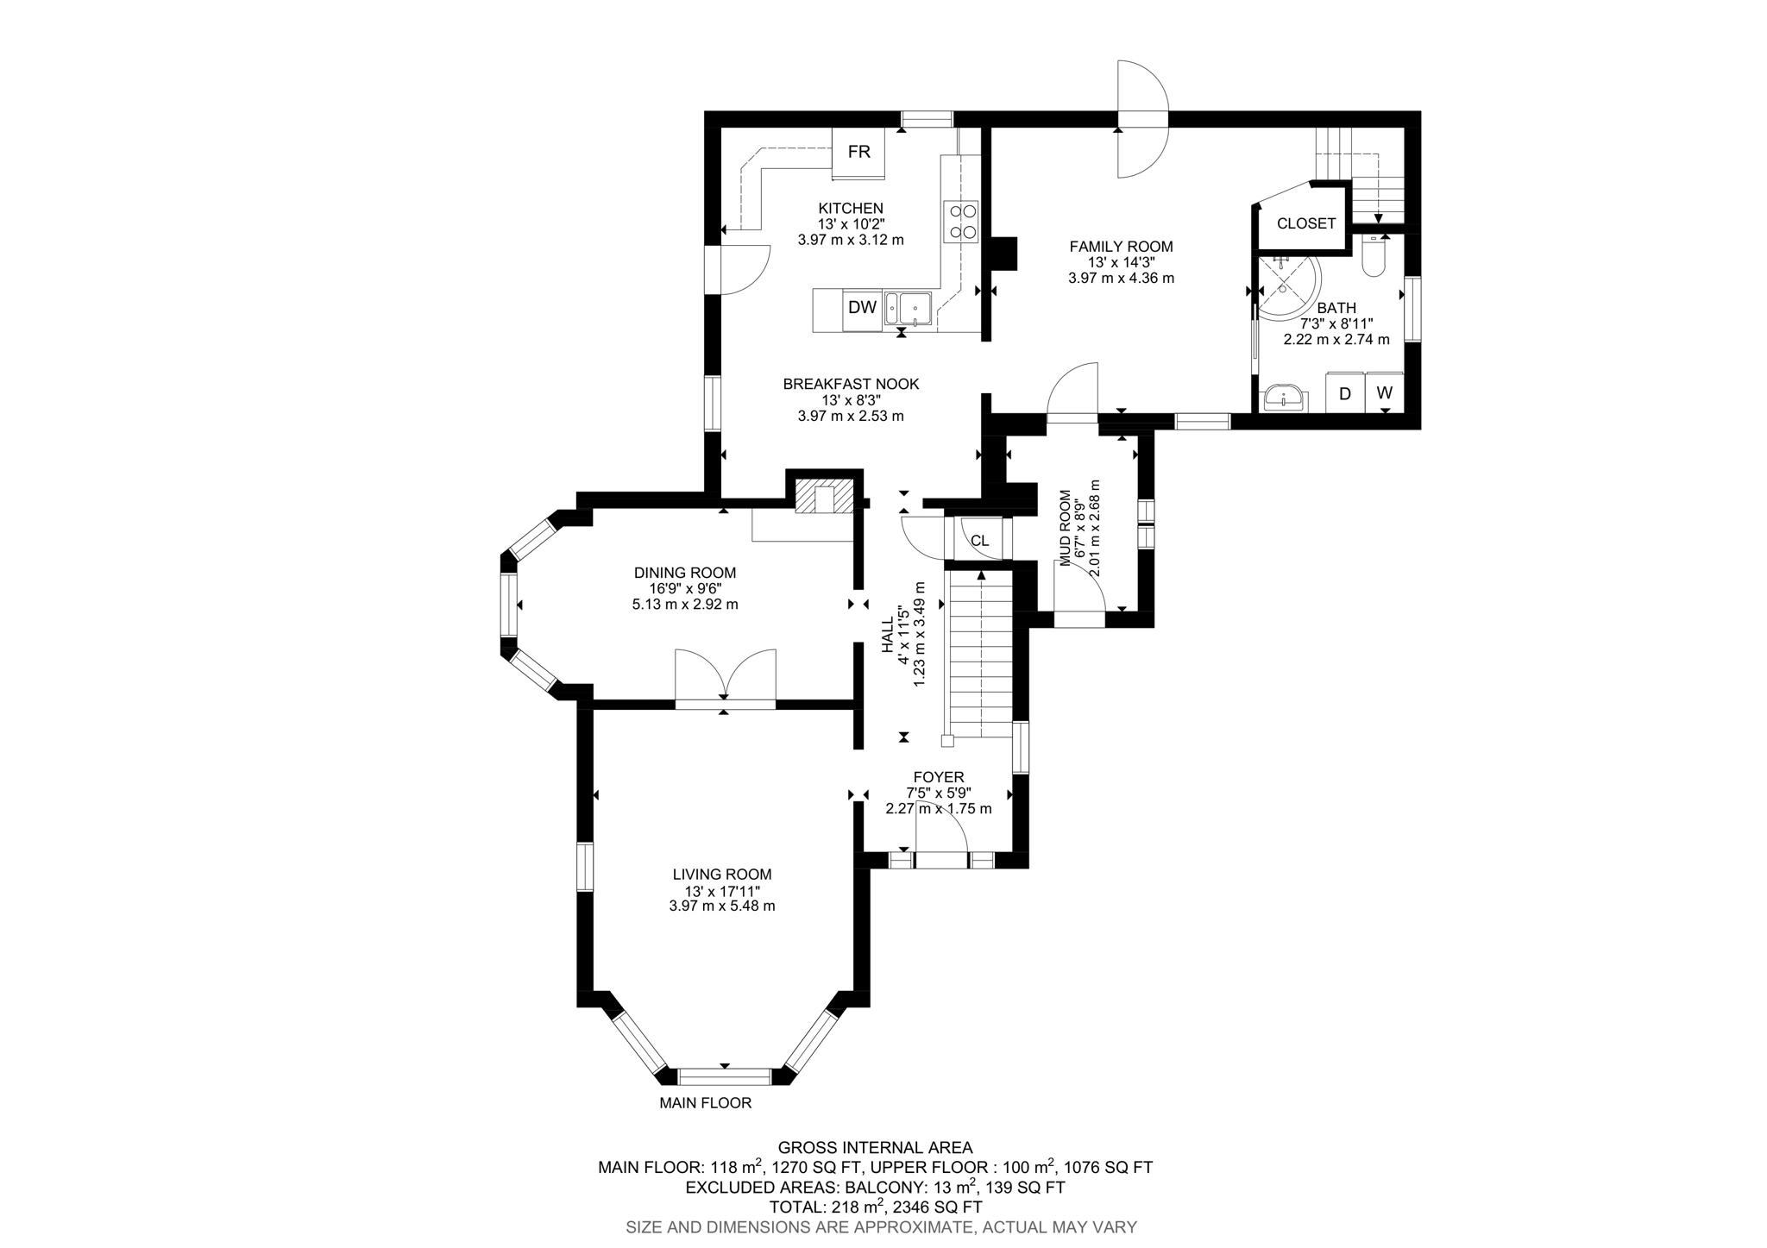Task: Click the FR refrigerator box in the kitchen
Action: pos(858,153)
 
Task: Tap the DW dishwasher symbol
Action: pos(862,308)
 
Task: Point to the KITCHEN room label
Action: pos(851,208)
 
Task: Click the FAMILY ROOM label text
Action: pos(1121,247)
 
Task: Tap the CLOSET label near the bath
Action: pos(1305,224)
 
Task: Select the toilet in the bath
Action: pos(1373,256)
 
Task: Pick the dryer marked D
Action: pos(1343,393)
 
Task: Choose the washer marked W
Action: pos(1384,392)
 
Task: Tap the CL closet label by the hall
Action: pos(979,541)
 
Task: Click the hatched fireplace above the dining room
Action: pos(825,499)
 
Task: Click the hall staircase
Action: pos(980,655)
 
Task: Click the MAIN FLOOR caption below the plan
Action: pos(705,1103)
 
